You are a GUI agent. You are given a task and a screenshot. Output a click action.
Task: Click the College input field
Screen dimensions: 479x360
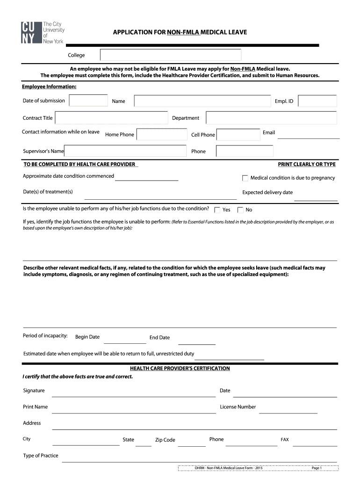coord(171,55)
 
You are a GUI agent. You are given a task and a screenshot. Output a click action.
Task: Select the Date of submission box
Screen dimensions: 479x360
coord(88,101)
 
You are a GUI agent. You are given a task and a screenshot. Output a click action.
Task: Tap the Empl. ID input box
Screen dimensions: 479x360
coord(317,101)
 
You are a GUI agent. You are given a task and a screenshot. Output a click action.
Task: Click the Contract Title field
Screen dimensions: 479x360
coord(111,118)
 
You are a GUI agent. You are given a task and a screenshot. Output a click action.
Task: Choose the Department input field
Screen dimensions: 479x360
coord(271,118)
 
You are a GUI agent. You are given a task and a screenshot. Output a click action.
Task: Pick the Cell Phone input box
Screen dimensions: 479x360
coord(238,135)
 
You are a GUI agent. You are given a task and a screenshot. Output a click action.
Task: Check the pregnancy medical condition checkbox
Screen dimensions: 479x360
coord(245,178)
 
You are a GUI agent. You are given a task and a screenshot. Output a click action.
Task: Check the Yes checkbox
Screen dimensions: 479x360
coord(217,210)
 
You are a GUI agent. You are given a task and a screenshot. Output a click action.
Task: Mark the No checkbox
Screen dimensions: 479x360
coord(240,210)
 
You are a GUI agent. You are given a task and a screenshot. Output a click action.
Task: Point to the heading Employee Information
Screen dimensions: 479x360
coord(49,87)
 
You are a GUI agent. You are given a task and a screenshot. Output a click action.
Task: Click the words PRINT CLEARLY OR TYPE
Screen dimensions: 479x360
coord(307,164)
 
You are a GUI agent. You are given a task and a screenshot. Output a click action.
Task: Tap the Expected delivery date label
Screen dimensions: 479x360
coord(267,192)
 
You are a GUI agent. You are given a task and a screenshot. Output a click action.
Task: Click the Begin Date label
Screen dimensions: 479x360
coord(87,337)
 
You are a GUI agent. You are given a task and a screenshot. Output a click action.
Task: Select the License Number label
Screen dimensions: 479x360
coord(238,407)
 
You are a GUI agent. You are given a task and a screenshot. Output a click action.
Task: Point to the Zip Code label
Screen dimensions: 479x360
coord(165,440)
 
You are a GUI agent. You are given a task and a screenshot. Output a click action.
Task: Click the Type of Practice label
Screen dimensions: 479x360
coord(41,456)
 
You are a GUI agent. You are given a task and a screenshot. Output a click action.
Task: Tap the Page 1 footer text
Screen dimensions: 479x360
coord(317,468)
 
